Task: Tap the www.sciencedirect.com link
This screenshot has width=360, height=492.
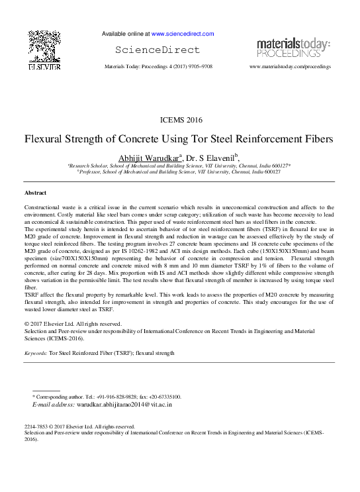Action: (183, 34)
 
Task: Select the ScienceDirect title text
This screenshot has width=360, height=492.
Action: (157, 50)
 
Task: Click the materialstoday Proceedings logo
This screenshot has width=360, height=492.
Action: (293, 48)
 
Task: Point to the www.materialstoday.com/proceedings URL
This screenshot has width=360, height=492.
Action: (290, 67)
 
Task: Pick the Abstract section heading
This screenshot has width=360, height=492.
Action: (35, 192)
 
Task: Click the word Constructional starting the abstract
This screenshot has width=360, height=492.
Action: (42, 208)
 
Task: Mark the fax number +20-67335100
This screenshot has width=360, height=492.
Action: (163, 396)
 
